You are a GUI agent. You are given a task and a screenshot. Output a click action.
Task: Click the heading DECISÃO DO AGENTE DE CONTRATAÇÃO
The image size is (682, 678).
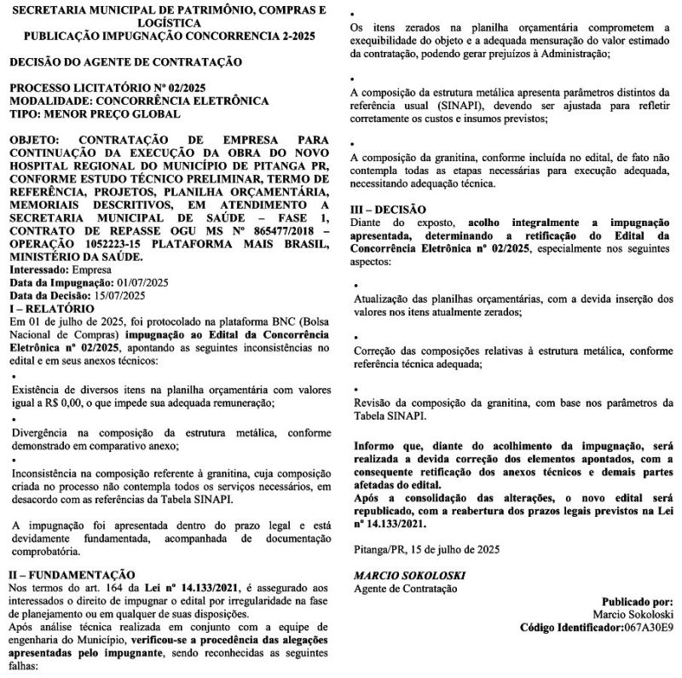125,63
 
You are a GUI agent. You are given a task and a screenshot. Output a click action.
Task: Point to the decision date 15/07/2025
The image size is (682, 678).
118,295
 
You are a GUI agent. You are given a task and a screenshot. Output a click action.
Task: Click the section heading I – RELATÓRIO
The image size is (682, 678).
52,307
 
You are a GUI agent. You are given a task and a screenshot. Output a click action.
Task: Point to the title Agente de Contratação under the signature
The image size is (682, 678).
405,588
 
